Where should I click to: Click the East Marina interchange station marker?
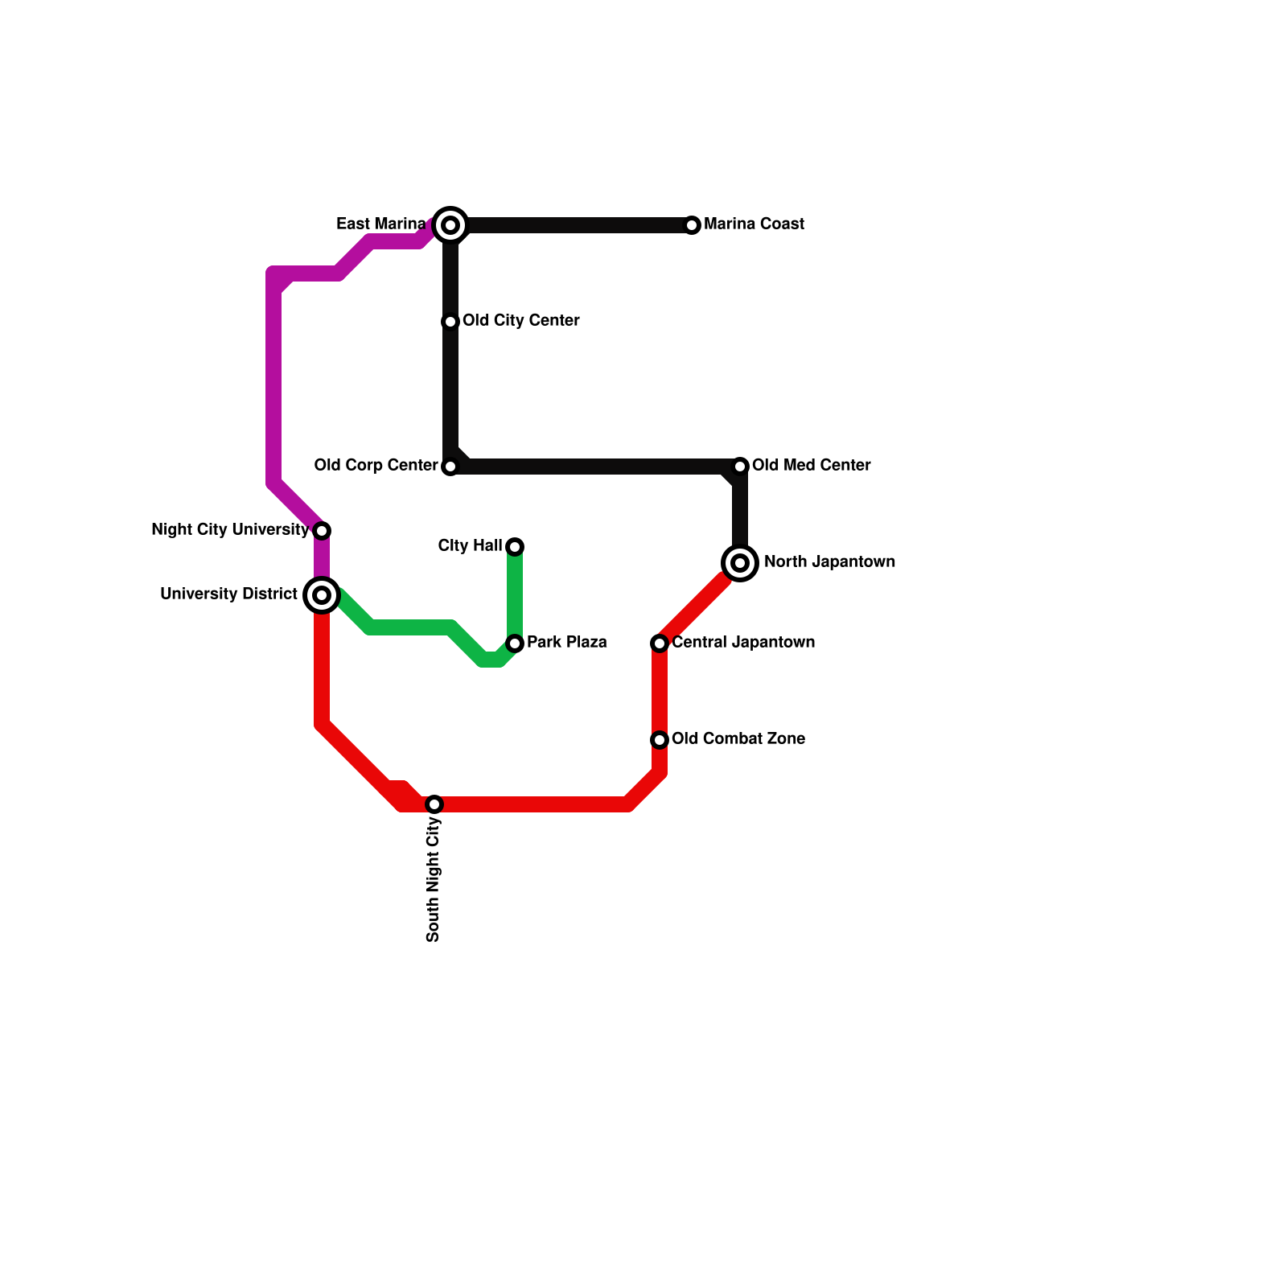click(x=450, y=225)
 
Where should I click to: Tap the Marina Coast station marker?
click(x=692, y=225)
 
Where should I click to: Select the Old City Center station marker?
click(x=450, y=322)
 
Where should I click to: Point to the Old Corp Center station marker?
click(x=450, y=467)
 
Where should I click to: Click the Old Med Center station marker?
click(x=740, y=467)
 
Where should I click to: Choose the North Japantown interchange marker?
click(x=740, y=563)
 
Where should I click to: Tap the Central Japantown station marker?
click(x=660, y=643)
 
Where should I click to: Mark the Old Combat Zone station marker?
click(x=660, y=739)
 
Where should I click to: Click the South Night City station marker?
click(x=434, y=804)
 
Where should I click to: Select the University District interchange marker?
click(x=322, y=595)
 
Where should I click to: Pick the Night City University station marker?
click(x=322, y=531)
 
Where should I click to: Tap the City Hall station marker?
click(x=515, y=547)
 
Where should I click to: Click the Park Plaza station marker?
click(x=515, y=643)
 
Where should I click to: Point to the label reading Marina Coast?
click(x=754, y=224)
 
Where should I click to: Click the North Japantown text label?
click(x=829, y=562)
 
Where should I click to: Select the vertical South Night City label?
click(x=434, y=879)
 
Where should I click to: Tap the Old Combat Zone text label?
click(x=738, y=739)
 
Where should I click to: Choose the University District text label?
click(x=228, y=594)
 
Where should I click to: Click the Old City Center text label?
click(x=520, y=321)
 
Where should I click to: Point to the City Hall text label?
click(x=470, y=546)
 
